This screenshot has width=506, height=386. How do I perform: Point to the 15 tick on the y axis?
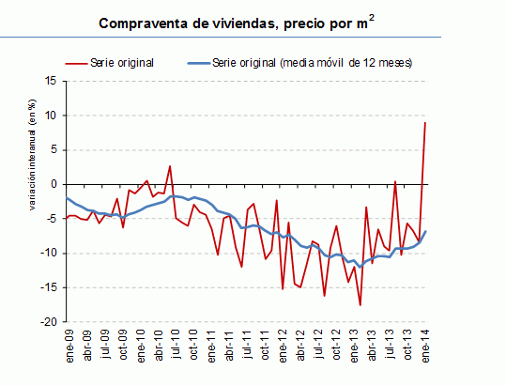point(52,81)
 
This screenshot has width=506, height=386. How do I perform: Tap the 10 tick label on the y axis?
point(52,116)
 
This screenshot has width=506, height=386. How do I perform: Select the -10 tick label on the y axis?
point(50,253)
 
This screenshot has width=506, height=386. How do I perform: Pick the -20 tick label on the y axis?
point(50,321)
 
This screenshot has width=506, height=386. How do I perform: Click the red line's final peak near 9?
point(425,123)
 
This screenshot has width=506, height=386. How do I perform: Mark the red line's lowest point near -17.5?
point(360,304)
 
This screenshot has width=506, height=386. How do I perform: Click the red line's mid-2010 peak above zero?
point(170,166)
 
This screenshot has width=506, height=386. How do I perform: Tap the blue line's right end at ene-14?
point(426,231)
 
